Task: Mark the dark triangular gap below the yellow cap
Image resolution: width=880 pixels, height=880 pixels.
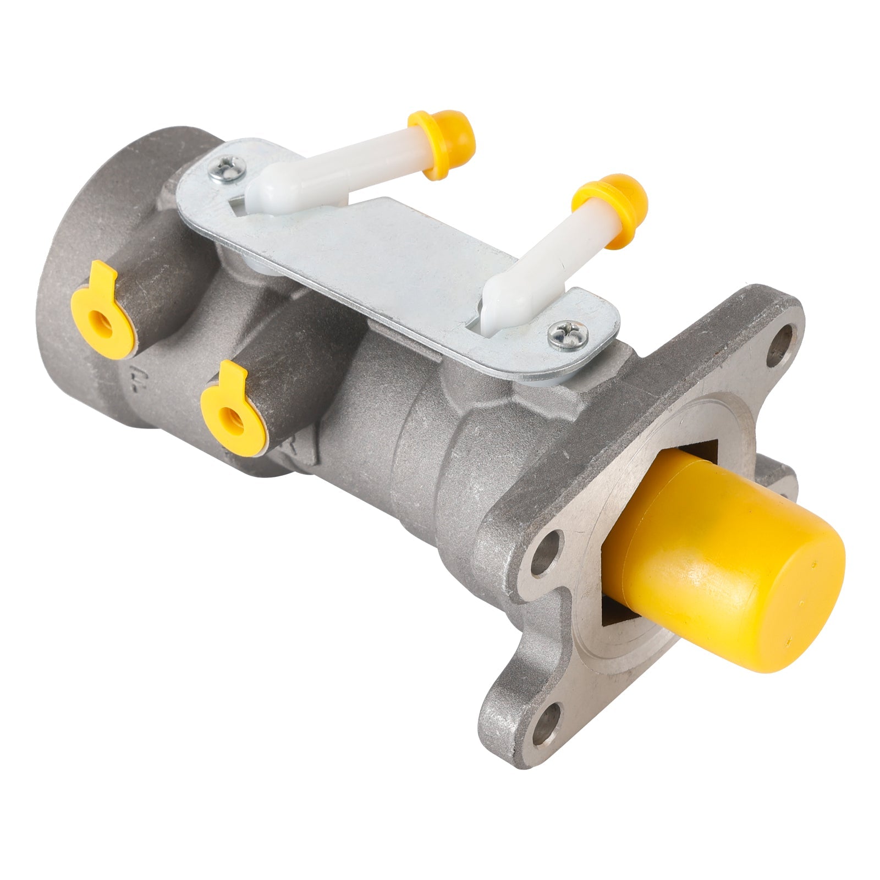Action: point(616,610)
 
